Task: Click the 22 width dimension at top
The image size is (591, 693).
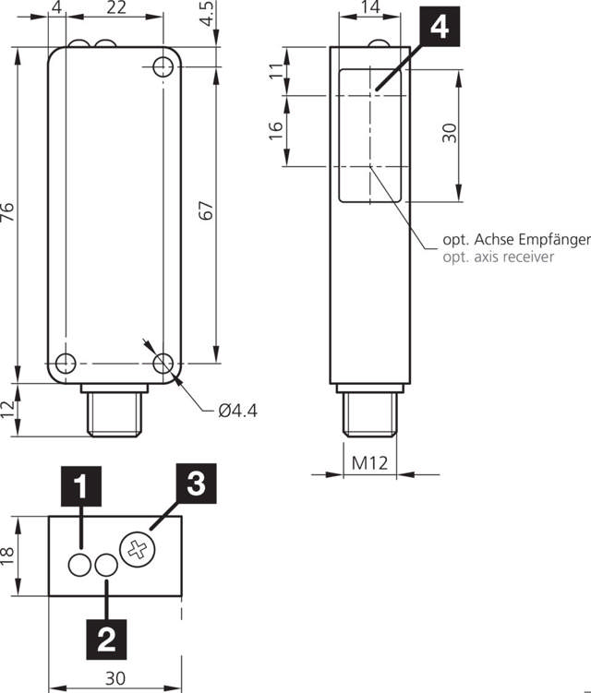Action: (x=116, y=8)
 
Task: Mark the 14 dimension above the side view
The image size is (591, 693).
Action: (x=370, y=8)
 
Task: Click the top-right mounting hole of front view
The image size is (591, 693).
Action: (x=163, y=66)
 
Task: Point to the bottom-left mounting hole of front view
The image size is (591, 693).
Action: (x=65, y=363)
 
